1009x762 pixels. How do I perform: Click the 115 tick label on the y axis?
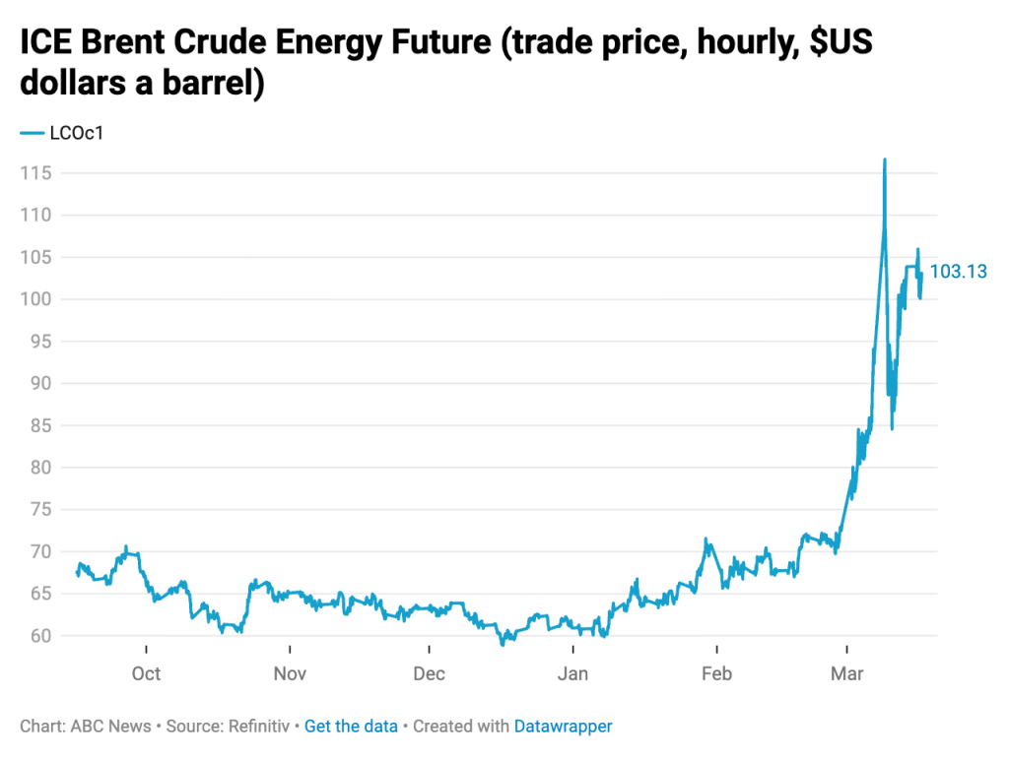[35, 173]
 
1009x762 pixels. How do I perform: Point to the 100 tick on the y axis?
[35, 299]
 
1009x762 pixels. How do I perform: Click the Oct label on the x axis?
[146, 674]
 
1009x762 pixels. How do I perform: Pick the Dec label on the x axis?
[430, 674]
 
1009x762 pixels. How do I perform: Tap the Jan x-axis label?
[572, 674]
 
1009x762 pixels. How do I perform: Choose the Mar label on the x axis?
[846, 674]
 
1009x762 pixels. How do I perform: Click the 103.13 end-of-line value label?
[959, 272]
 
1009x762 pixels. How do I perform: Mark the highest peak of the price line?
[885, 159]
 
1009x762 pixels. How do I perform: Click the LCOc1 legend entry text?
[76, 133]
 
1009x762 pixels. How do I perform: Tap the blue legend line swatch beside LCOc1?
[32, 133]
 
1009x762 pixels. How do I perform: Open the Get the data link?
[351, 727]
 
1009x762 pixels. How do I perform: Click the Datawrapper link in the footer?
[563, 727]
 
